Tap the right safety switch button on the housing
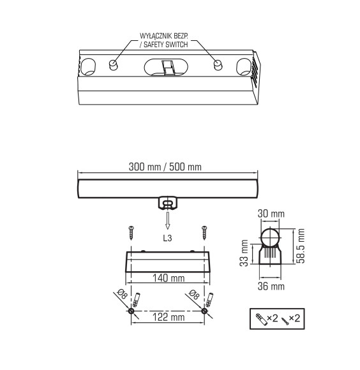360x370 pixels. (x=218, y=64)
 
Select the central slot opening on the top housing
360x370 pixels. (x=167, y=67)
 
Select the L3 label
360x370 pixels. (x=168, y=238)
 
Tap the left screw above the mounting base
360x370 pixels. (x=131, y=232)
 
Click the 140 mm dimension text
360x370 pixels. (x=168, y=277)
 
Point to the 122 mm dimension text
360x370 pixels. (x=168, y=317)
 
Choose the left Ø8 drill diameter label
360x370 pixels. (x=121, y=293)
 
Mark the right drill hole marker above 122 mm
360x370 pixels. (x=204, y=311)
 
